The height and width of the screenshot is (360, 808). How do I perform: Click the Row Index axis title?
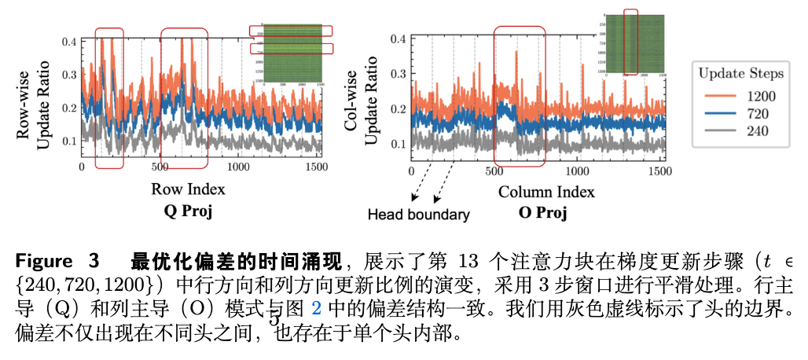click(x=198, y=189)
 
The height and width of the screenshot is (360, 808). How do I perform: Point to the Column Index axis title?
click(x=546, y=191)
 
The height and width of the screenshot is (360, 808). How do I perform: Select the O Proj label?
click(x=542, y=213)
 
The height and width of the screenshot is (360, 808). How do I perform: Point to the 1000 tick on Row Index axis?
click(x=237, y=168)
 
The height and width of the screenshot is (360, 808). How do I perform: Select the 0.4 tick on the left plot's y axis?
click(x=69, y=40)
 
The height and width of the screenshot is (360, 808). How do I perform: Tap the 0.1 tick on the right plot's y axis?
click(x=398, y=144)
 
